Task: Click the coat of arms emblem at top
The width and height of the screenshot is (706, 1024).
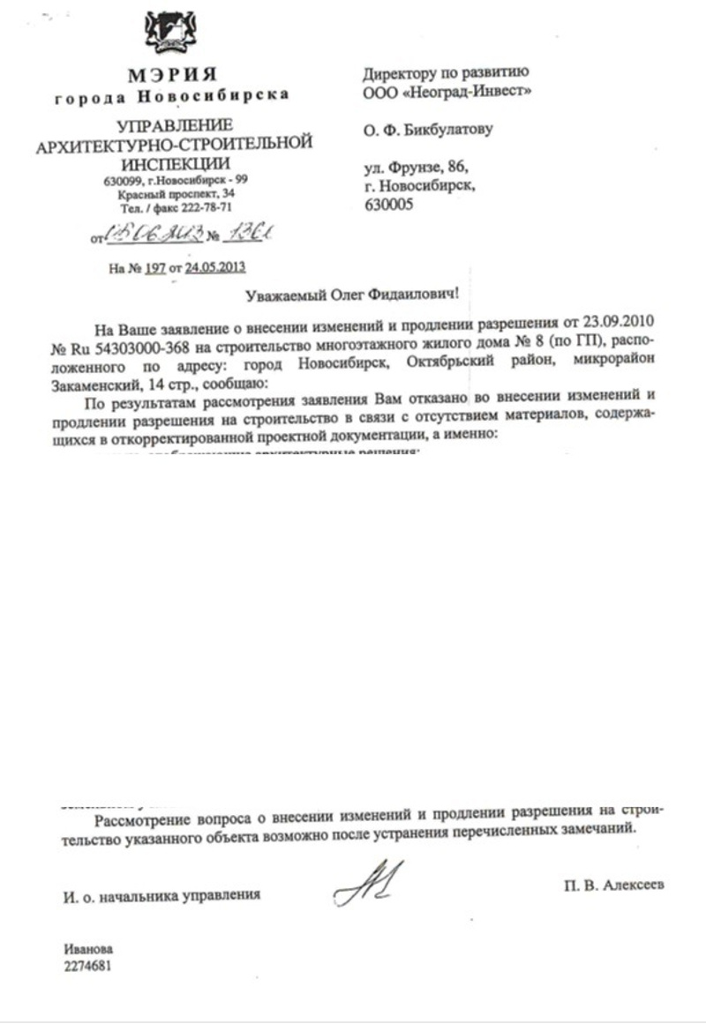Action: click(x=170, y=34)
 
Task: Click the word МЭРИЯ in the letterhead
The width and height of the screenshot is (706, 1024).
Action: click(x=172, y=75)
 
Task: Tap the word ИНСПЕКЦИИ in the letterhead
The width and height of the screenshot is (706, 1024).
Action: click(x=175, y=163)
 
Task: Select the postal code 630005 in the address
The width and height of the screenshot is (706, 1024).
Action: click(x=387, y=205)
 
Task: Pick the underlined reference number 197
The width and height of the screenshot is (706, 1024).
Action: click(x=155, y=268)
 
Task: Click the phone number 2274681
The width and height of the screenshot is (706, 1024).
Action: click(x=86, y=965)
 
